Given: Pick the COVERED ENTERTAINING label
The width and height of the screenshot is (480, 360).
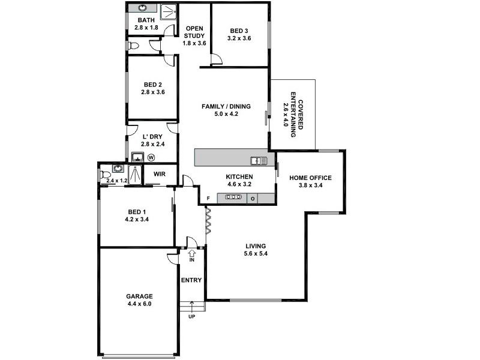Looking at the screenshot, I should tap(293, 116).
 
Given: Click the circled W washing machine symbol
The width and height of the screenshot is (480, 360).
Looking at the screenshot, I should tap(151, 158).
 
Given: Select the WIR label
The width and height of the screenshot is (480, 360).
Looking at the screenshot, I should tap(159, 174).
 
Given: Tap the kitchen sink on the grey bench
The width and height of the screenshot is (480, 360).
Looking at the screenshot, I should tap(259, 160).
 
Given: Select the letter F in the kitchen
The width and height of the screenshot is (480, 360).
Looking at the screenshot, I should tap(208, 198).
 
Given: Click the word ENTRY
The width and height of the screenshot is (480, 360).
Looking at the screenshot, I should tap(191, 280).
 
